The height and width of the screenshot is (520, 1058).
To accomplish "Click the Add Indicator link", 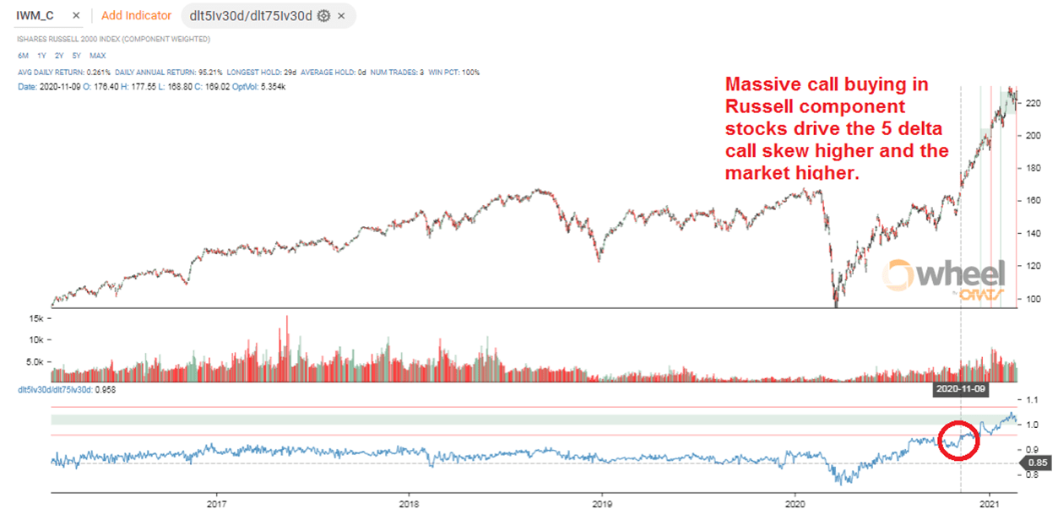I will click(136, 15).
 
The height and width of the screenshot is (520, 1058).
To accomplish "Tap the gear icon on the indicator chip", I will click(323, 15).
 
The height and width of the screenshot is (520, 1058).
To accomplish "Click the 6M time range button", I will click(23, 56).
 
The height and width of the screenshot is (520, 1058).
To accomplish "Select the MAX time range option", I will click(98, 56).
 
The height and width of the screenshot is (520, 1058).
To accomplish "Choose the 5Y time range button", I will click(77, 56).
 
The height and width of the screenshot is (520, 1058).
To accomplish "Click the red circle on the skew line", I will click(958, 439).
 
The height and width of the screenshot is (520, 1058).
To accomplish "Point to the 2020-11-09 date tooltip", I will click(960, 390).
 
